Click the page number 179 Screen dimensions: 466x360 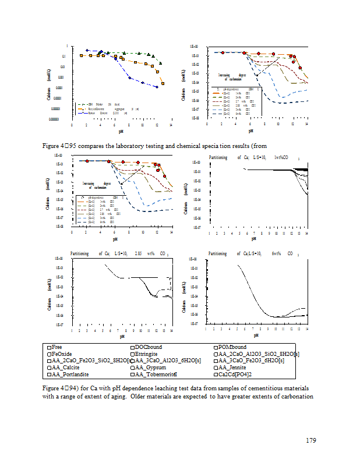tap(310, 440)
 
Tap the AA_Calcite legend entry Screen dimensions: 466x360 tap(65, 368)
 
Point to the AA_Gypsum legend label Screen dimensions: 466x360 tap(150, 368)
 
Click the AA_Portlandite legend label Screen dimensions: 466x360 tap(70, 375)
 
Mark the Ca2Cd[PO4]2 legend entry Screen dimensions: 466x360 tap(236, 375)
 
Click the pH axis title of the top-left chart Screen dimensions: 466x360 tap(121, 131)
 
